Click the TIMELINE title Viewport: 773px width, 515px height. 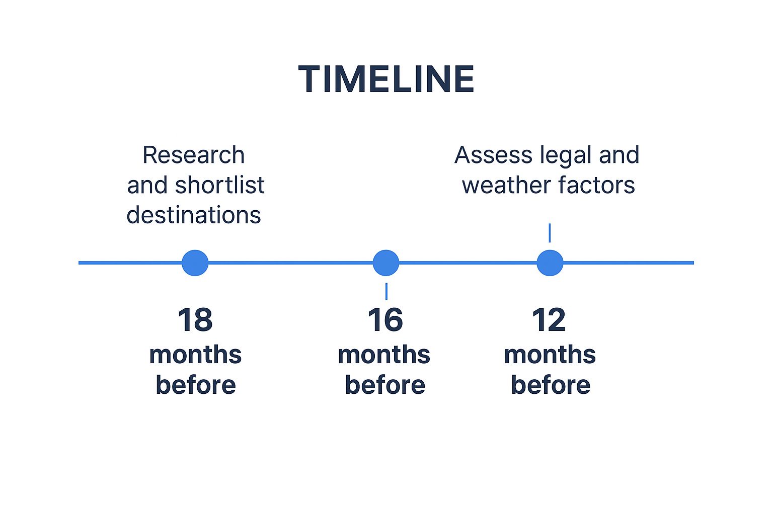pyautogui.click(x=386, y=79)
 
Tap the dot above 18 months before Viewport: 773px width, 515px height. pyautogui.click(x=195, y=263)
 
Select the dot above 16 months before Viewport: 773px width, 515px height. pyautogui.click(x=386, y=263)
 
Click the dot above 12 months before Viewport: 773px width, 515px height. pyautogui.click(x=550, y=263)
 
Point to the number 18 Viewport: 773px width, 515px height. pyautogui.click(x=195, y=320)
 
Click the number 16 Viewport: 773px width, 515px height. pyautogui.click(x=385, y=320)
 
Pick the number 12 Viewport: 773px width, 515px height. pyautogui.click(x=549, y=320)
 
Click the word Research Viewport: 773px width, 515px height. pyautogui.click(x=194, y=155)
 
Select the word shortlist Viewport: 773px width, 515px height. pyautogui.click(x=220, y=185)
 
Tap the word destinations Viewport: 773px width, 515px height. pyautogui.click(x=194, y=215)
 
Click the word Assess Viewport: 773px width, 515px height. pyautogui.click(x=494, y=155)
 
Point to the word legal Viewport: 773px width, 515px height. pyautogui.click(x=566, y=156)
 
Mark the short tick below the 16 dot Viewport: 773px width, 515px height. pyautogui.click(x=386, y=291)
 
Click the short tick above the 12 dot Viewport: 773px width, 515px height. pyautogui.click(x=550, y=233)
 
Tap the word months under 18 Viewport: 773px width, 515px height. pyautogui.click(x=195, y=355)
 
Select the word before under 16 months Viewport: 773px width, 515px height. pyautogui.click(x=385, y=385)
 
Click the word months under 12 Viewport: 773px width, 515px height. pyautogui.click(x=550, y=355)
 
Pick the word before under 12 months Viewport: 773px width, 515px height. pyautogui.click(x=551, y=385)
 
